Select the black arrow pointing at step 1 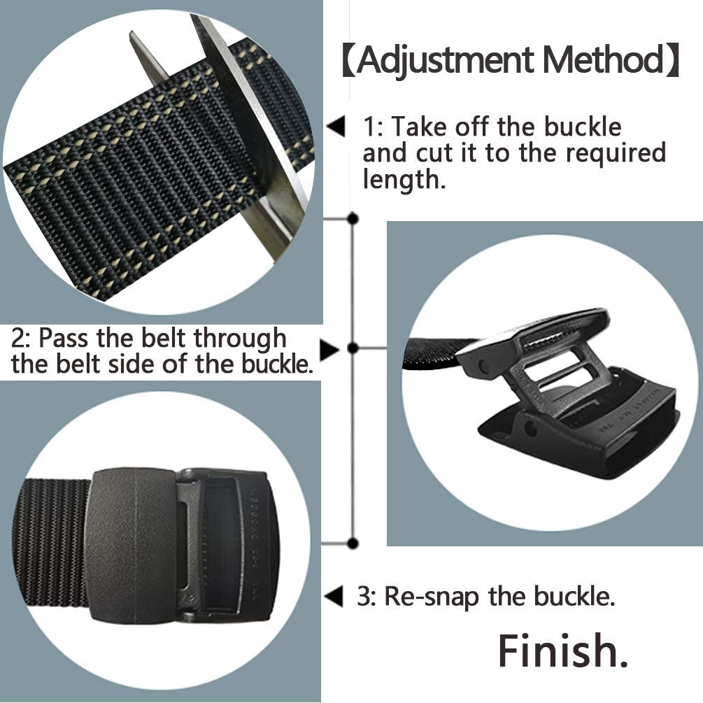coord(337,128)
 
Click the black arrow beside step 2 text coord(329,348)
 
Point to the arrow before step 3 coord(334,597)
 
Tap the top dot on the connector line coord(353,219)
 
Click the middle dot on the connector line coord(353,348)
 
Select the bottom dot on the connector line coord(353,543)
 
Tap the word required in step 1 coord(616,153)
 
